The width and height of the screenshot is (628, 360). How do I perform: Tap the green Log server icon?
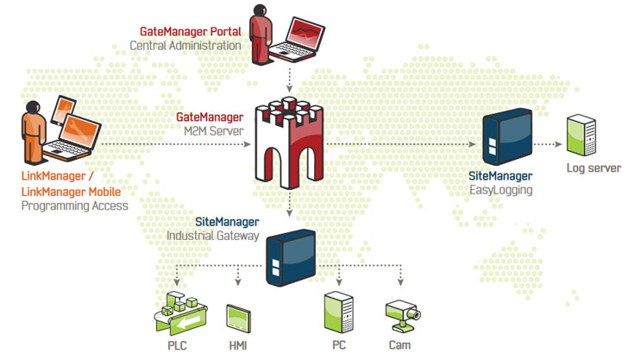581,136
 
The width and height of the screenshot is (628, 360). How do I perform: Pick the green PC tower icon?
337,312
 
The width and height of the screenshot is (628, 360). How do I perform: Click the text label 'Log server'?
591,168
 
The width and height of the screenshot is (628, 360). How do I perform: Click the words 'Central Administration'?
185,45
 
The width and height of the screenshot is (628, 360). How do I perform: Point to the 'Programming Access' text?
74,206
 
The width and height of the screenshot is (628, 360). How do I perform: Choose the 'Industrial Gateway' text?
212,235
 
